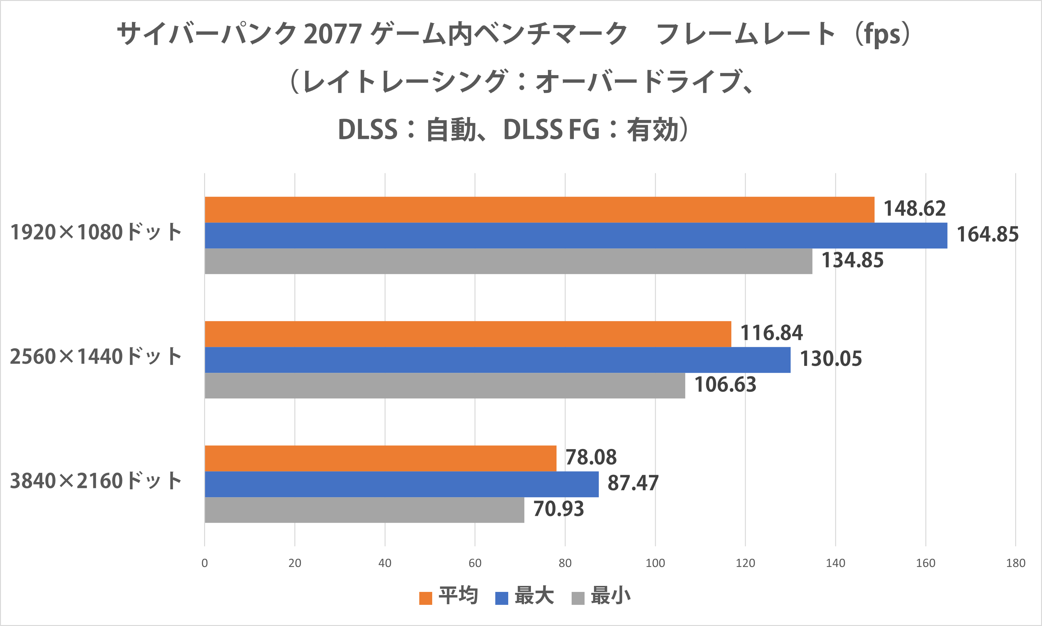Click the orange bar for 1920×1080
[539, 210]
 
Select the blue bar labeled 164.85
[576, 235]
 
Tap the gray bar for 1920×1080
[508, 261]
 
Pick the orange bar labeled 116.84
[468, 334]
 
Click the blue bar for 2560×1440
[497, 360]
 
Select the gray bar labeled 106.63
[445, 385]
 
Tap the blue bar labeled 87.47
[401, 484]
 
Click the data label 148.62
[914, 209]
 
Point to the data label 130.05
[830, 359]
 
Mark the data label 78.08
[591, 457]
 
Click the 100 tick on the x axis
[655, 563]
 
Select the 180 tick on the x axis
[1016, 563]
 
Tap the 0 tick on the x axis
[204, 563]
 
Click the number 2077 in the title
[333, 34]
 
